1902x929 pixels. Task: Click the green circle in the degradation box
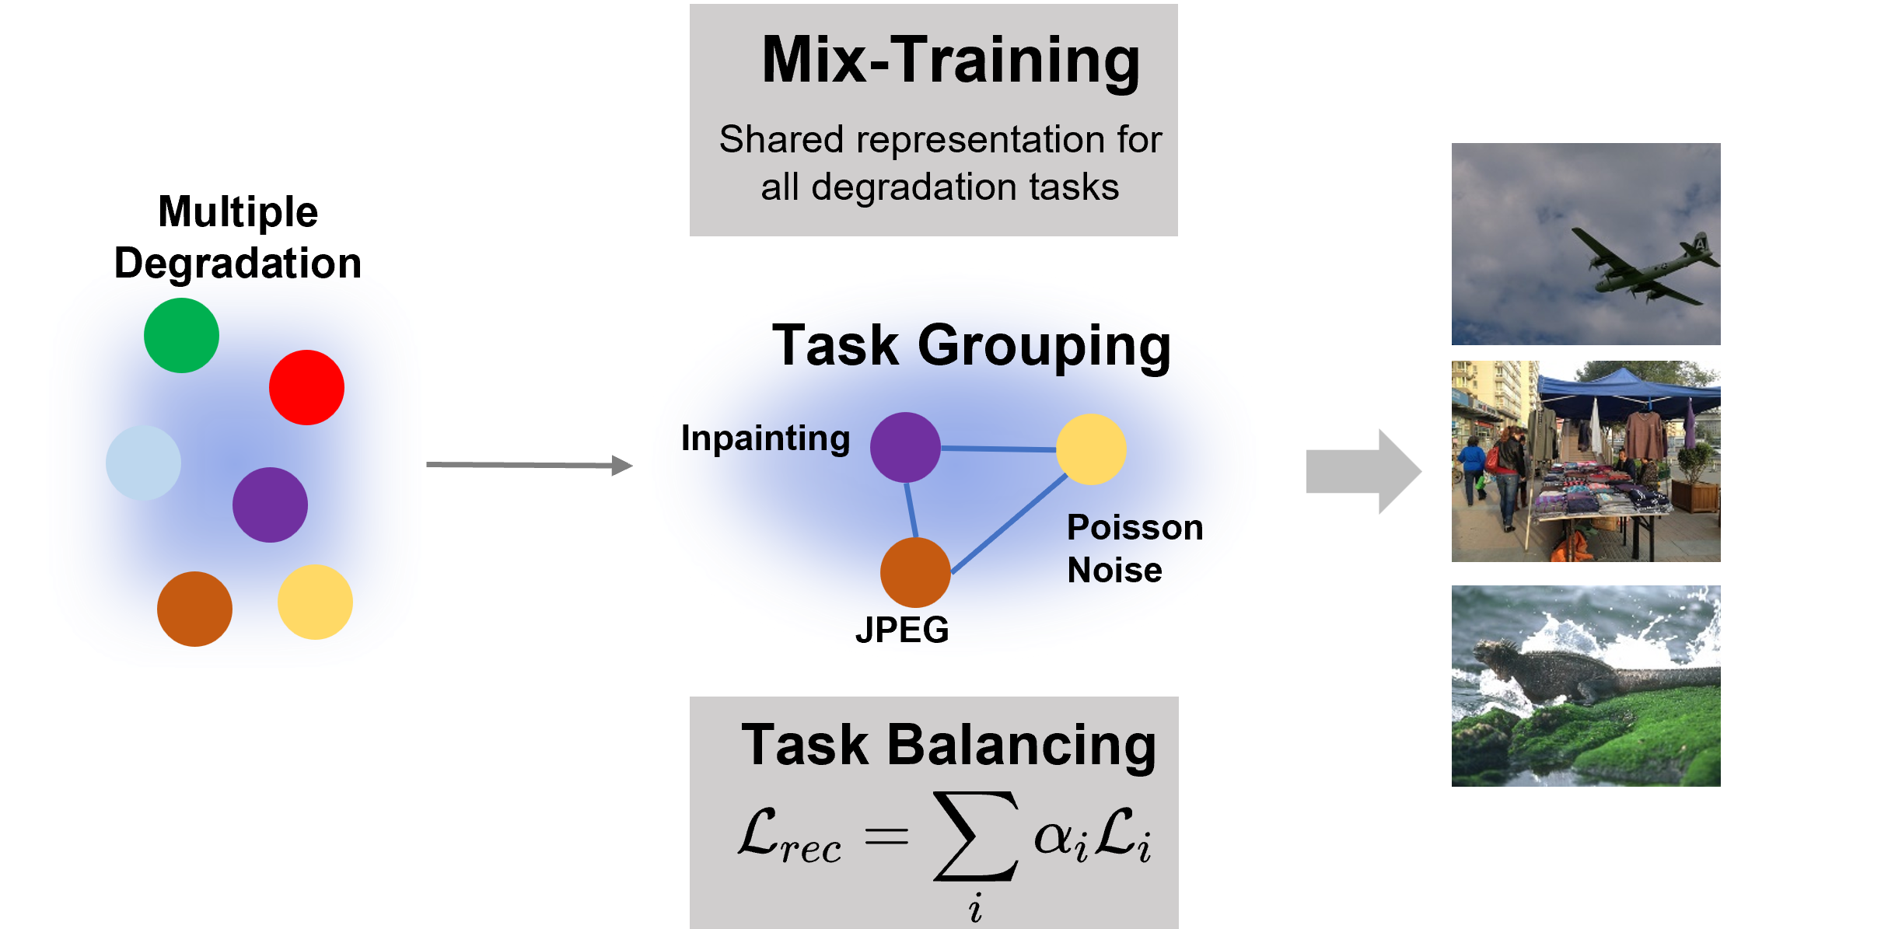pyautogui.click(x=181, y=335)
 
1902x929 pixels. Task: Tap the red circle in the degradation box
pyautogui.click(x=306, y=387)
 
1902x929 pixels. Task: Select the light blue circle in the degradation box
pyautogui.click(x=143, y=463)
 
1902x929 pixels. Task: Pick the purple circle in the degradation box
pyautogui.click(x=270, y=505)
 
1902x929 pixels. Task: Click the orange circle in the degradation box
pyautogui.click(x=194, y=609)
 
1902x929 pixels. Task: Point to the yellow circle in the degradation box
pyautogui.click(x=315, y=602)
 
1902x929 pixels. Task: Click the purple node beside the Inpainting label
pyautogui.click(x=905, y=447)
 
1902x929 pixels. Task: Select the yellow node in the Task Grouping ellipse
pyautogui.click(x=1091, y=449)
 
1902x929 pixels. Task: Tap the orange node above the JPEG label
pyautogui.click(x=915, y=572)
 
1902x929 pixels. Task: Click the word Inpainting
pyautogui.click(x=765, y=438)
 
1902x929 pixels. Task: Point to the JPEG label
pyautogui.click(x=902, y=630)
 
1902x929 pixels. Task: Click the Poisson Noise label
pyautogui.click(x=1134, y=549)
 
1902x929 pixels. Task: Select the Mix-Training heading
pyautogui.click(x=950, y=61)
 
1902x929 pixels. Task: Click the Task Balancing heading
pyautogui.click(x=949, y=745)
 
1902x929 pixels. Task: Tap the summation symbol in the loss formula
pyautogui.click(x=976, y=836)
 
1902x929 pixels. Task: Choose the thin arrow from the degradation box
pyautogui.click(x=529, y=465)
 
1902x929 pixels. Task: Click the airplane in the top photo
pyautogui.click(x=1641, y=264)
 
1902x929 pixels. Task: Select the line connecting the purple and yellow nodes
pyautogui.click(x=998, y=449)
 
